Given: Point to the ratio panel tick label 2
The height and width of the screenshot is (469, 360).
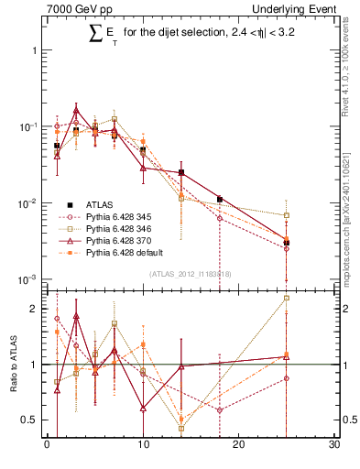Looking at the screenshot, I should (x=37, y=310).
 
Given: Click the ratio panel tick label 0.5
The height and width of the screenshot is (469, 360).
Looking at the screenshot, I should (x=32, y=420).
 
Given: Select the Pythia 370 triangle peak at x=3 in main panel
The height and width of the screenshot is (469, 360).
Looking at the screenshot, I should (x=76, y=110).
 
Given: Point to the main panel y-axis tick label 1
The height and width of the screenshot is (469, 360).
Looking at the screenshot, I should (x=37, y=50).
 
